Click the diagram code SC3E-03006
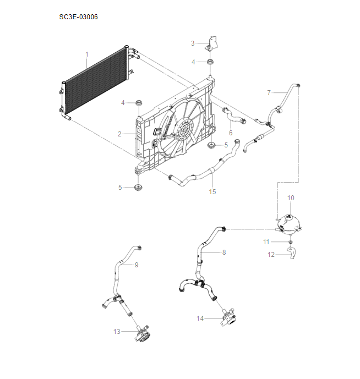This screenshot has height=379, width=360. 79,17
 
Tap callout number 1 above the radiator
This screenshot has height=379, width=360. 86,54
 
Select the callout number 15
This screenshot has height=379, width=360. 212,192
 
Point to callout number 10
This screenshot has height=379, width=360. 291,197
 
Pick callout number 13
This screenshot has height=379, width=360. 117,331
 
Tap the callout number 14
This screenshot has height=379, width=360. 200,318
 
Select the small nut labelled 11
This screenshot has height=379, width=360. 289,241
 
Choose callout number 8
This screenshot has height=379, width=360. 224,252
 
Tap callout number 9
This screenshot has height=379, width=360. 137,265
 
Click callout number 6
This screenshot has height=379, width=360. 231,133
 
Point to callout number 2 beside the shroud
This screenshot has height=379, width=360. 119,134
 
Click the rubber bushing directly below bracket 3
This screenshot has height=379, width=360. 210,62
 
